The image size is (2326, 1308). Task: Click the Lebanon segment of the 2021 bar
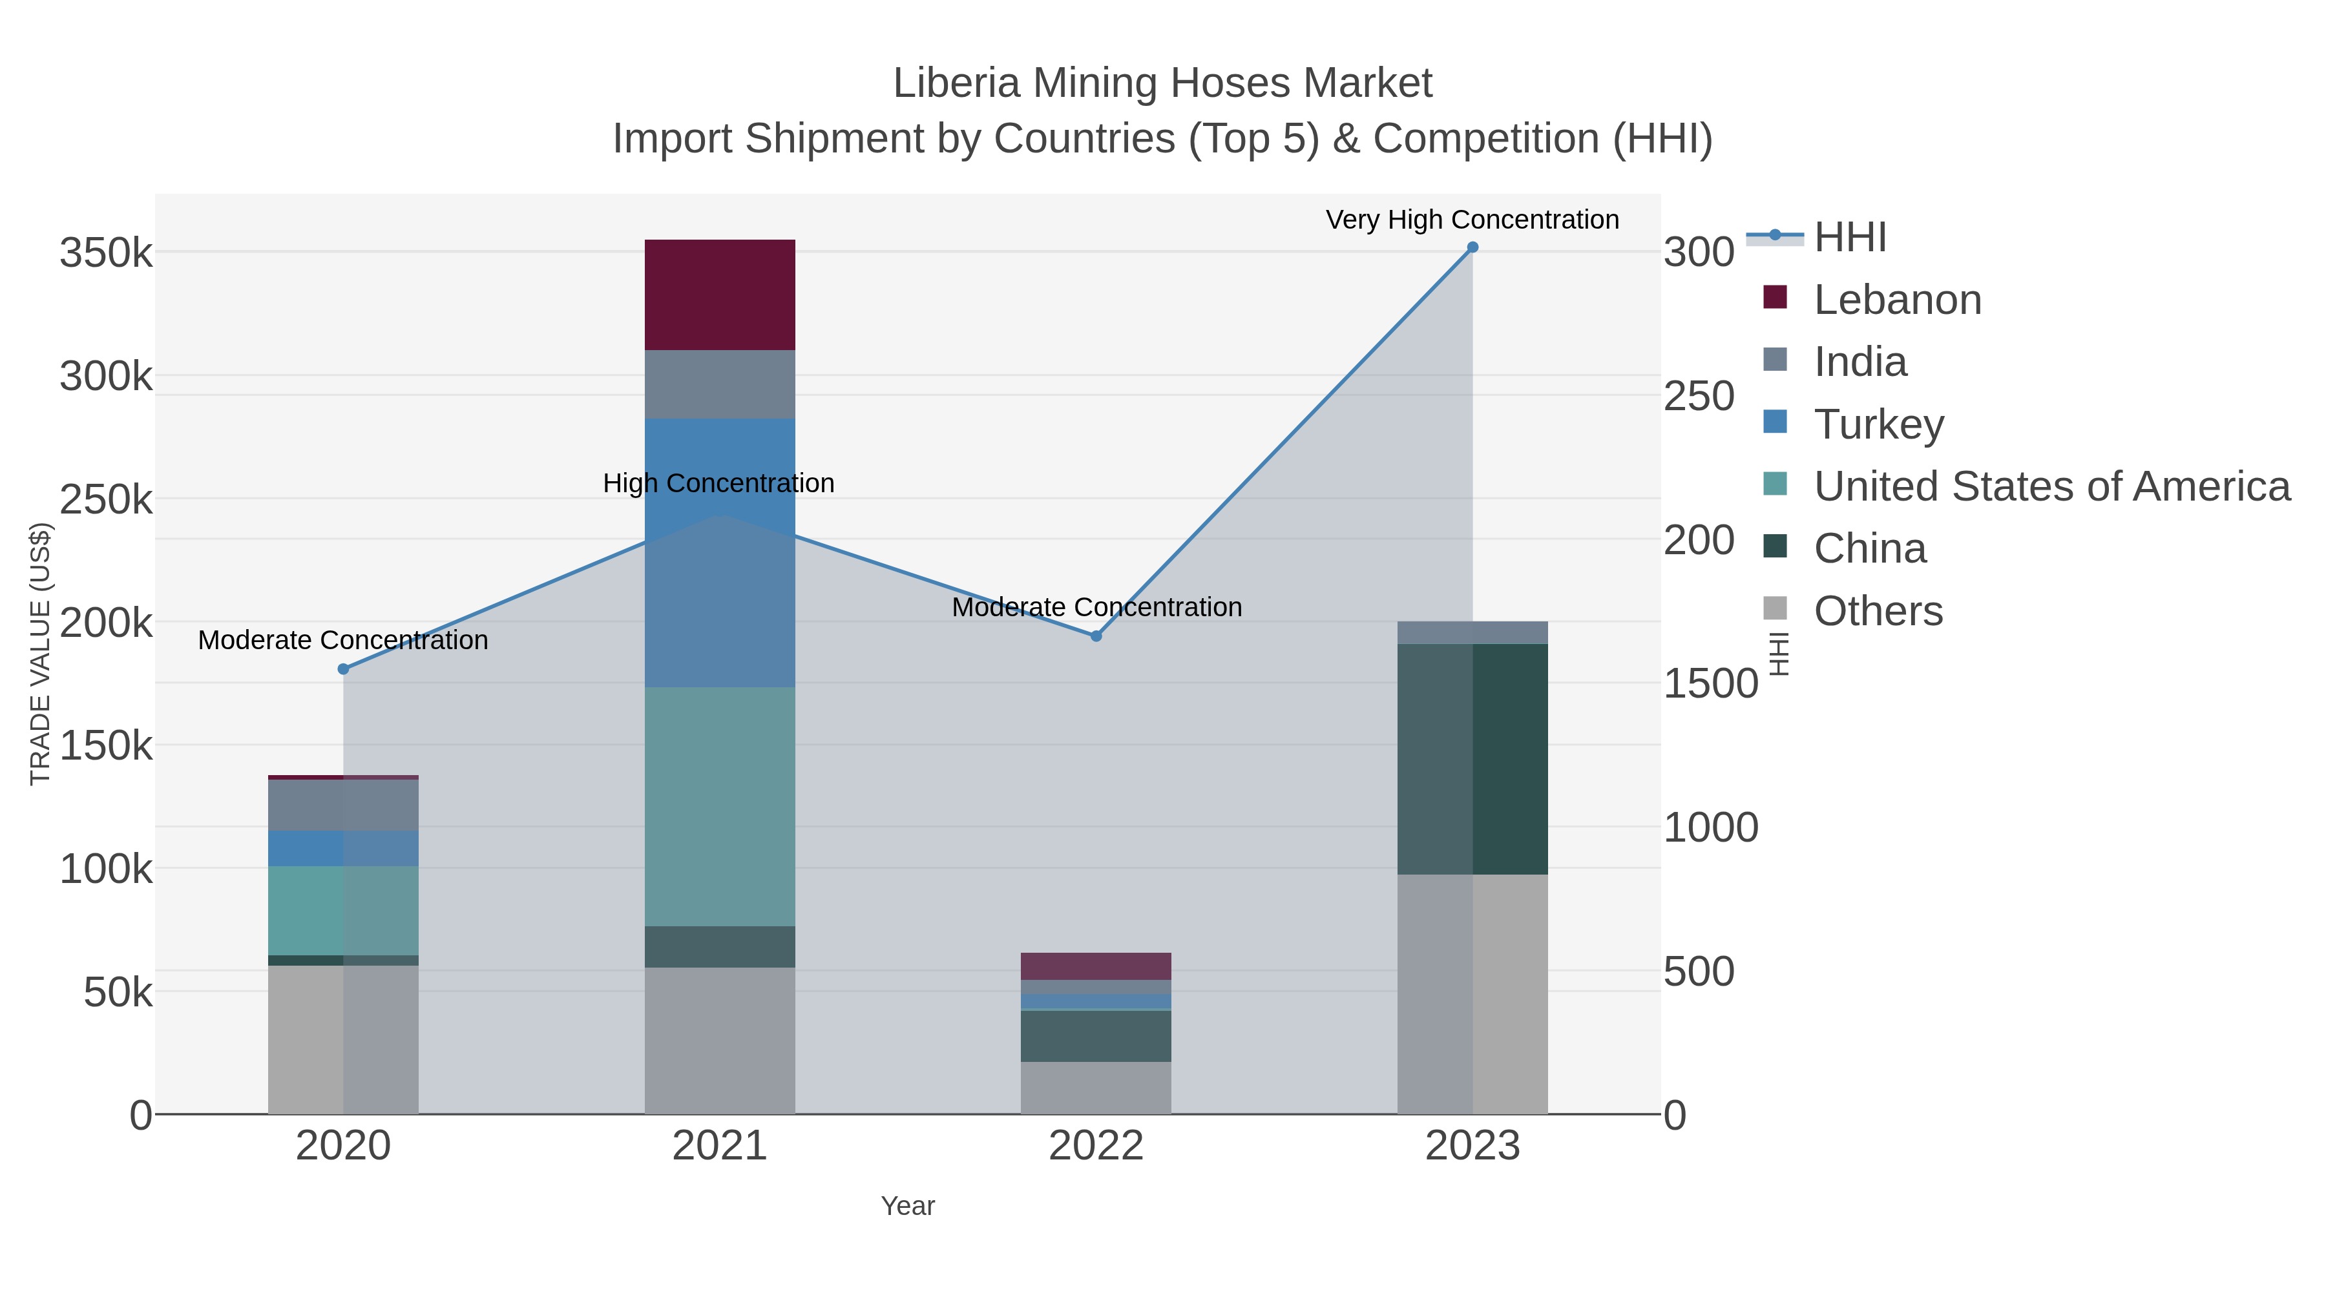(720, 295)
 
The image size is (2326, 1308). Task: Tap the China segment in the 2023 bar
(1472, 758)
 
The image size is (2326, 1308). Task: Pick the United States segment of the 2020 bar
(343, 910)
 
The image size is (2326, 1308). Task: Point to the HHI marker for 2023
(1472, 247)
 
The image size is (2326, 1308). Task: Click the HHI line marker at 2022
(1096, 636)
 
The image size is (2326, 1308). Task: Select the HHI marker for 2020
(343, 669)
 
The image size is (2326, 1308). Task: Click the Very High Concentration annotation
(1472, 220)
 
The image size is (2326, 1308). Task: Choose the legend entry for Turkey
(1879, 424)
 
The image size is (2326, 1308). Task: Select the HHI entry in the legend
(1849, 238)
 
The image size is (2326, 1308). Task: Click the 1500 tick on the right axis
(1710, 684)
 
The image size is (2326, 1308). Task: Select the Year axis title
(908, 1206)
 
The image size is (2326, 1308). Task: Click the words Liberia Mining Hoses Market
(1162, 83)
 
